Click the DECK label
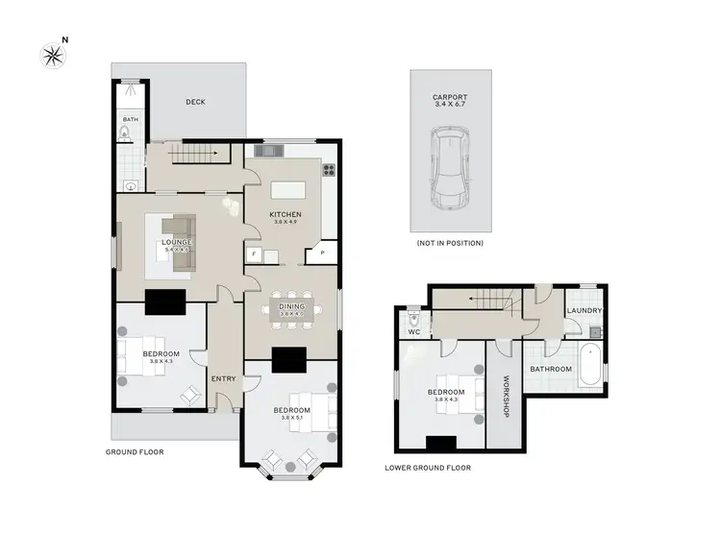coord(195,102)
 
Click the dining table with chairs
coord(291,309)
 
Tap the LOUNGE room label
coord(177,242)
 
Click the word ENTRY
coord(223,378)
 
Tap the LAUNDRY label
coord(584,311)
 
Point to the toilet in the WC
coord(415,318)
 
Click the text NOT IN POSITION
coord(450,243)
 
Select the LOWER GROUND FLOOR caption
coord(427,469)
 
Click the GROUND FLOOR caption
coord(135,451)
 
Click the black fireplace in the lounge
coord(163,303)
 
